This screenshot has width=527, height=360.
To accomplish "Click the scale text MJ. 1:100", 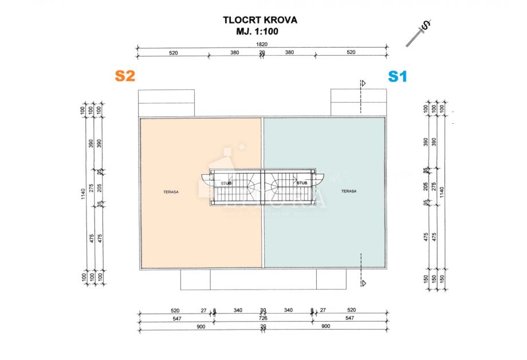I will click(260, 32).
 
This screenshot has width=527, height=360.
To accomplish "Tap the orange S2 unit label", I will click(125, 76).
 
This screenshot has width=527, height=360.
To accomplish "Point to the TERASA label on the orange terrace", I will click(170, 193).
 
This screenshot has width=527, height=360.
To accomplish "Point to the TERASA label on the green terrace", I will click(349, 191).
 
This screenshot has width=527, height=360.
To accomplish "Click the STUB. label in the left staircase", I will click(227, 183).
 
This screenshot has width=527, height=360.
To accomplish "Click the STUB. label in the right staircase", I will click(302, 183).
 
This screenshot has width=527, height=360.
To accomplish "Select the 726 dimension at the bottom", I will click(263, 317).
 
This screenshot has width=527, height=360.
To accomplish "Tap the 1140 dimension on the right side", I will click(441, 191).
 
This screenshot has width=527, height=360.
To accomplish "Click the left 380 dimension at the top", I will click(234, 52).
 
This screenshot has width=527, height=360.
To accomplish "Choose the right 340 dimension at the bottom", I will click(288, 310).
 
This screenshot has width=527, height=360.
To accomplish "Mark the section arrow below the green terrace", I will click(361, 282).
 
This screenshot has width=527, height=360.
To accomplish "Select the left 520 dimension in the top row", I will click(174, 52).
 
